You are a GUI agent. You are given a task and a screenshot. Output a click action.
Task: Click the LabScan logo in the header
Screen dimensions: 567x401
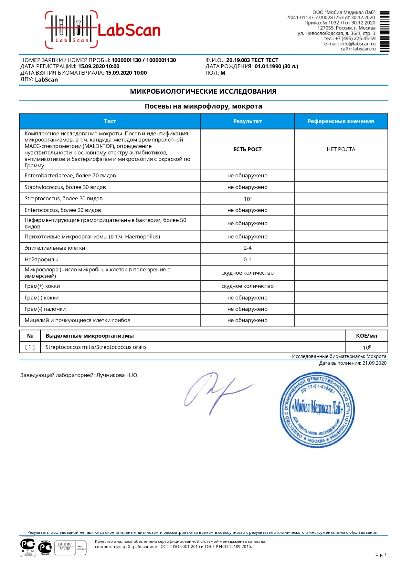pos(103,30)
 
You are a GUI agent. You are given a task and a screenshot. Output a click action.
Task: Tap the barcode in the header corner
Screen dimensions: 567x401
pos(385,32)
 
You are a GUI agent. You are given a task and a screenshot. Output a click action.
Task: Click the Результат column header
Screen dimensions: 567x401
pos(247,121)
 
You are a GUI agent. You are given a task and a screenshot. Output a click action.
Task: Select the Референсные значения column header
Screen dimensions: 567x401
pos(341,121)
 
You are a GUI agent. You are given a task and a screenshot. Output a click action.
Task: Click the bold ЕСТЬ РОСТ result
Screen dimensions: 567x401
pos(247,150)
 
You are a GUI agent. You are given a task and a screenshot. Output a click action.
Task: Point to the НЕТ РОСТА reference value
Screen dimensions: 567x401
pos(341,150)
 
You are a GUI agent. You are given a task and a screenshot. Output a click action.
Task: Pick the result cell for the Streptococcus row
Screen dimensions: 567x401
pos(247,199)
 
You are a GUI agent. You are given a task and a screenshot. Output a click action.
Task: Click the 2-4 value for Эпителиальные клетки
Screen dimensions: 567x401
pos(247,248)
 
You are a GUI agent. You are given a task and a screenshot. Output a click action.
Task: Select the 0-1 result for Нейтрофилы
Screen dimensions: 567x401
pos(247,260)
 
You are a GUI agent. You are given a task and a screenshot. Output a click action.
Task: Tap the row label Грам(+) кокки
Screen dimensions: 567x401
pos(42,286)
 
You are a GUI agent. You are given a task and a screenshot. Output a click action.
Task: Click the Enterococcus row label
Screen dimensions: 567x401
pos(63,210)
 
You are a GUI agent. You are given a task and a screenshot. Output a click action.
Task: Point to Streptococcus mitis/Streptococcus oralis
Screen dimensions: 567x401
pos(96,347)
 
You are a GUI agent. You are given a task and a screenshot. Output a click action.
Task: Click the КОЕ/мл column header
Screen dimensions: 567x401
pos(366,336)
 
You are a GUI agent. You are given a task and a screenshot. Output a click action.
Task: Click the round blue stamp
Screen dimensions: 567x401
pos(317,410)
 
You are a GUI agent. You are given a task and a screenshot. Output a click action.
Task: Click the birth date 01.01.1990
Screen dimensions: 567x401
pos(268,67)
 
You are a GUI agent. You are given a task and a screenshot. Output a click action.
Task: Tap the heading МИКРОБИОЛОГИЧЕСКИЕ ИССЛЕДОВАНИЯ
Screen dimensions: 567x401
pos(203,92)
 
